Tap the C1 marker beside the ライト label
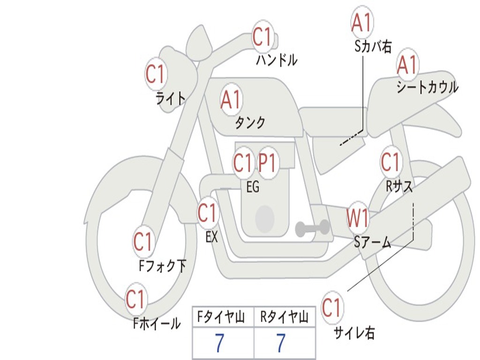156,74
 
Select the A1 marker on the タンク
231,99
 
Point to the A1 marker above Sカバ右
361,22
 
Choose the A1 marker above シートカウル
407,65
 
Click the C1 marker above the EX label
208,213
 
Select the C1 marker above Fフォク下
143,242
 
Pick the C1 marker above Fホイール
135,300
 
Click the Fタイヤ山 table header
223,317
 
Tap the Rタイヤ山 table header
284,317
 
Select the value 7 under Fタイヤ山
219,344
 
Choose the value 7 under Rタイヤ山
280,344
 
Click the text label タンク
250,123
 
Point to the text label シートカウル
427,88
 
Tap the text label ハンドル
277,60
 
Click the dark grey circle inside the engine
264,218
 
